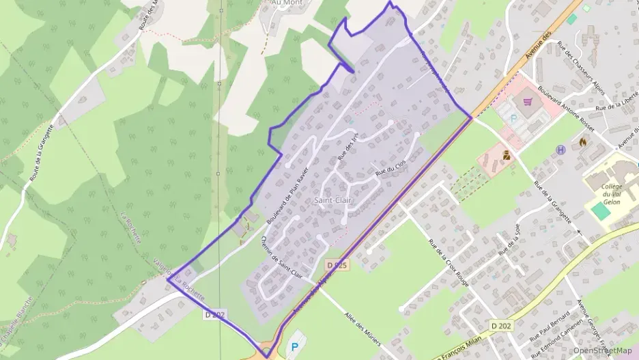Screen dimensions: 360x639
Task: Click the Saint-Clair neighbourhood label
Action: [x=329, y=201]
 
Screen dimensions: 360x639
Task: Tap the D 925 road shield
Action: [x=337, y=264]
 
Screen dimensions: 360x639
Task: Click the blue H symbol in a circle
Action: [x=561, y=150]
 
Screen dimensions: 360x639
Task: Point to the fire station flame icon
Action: [x=582, y=141]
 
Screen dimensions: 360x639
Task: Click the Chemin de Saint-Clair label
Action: [x=281, y=257]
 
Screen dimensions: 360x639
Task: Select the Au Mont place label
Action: [x=287, y=3]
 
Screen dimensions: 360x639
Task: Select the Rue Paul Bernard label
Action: [x=550, y=327]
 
